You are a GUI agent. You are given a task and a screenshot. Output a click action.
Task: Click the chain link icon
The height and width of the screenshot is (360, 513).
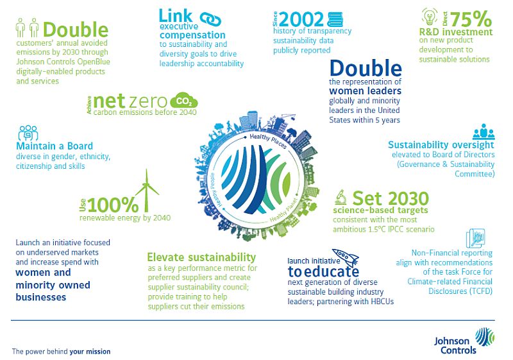[210, 19]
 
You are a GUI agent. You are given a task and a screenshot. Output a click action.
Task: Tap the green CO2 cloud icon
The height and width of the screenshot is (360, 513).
[184, 101]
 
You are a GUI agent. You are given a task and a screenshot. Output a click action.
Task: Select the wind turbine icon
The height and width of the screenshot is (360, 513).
[147, 191]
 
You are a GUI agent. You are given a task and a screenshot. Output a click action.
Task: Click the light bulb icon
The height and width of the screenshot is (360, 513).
[430, 17]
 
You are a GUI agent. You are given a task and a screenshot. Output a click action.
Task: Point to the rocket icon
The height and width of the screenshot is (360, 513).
[346, 257]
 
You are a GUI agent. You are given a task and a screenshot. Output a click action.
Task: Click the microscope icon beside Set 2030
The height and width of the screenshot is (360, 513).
[341, 198]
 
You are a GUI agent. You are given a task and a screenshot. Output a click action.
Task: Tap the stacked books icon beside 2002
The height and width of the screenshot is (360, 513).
[335, 20]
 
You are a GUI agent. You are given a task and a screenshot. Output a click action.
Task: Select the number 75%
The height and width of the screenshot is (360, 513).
[471, 19]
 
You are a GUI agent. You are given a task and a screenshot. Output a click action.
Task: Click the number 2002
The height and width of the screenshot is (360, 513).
[301, 19]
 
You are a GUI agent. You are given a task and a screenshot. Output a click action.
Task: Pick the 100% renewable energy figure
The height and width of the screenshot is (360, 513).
[113, 205]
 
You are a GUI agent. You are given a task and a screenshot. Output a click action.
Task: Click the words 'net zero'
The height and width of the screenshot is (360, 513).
[130, 101]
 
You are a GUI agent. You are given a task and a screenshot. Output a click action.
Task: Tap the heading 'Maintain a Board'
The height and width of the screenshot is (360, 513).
[55, 146]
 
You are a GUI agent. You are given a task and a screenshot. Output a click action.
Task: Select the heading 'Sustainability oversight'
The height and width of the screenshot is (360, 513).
[441, 145]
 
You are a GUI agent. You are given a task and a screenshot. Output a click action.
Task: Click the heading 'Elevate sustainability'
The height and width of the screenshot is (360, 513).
[201, 257]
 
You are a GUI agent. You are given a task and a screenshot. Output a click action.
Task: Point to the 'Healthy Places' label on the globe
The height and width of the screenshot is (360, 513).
[268, 141]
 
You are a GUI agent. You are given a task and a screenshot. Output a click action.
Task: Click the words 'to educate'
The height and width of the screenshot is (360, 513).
[323, 271]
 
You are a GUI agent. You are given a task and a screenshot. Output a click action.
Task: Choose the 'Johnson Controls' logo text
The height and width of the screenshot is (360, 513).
[455, 346]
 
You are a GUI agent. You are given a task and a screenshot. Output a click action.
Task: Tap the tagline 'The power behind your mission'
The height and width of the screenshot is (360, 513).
[61, 352]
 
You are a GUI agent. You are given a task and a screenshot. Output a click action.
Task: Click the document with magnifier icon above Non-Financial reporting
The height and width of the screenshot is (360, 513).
[475, 238]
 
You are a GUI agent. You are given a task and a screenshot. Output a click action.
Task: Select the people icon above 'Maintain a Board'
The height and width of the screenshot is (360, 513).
[28, 133]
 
